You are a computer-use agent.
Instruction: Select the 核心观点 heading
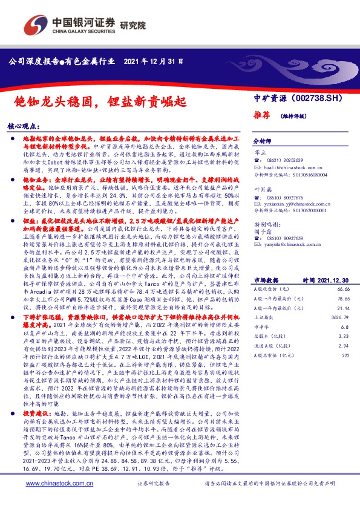24,127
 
